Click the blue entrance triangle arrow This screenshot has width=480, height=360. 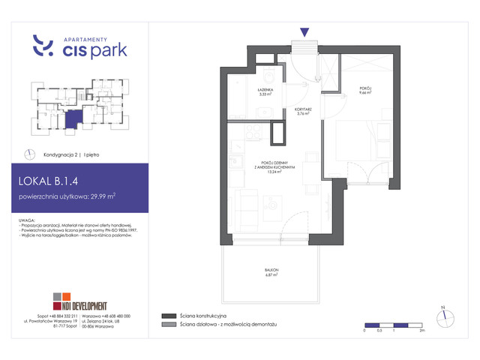pyautogui.click(x=304, y=31)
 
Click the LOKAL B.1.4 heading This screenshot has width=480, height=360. pyautogui.click(x=57, y=180)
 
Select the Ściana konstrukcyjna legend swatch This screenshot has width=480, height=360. pyautogui.click(x=166, y=316)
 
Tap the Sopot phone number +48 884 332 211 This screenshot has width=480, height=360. pyautogui.click(x=63, y=316)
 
